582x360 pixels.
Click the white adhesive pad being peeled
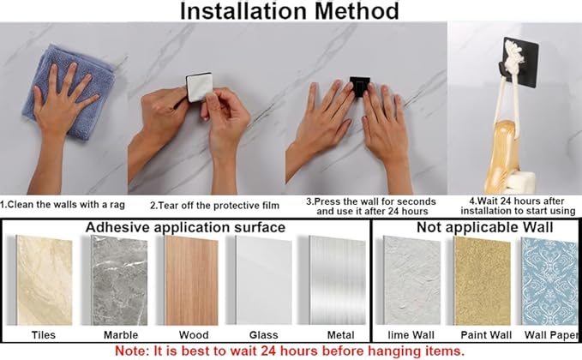(199, 87)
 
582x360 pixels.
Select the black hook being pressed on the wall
(360, 87)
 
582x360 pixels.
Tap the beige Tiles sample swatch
(45, 280)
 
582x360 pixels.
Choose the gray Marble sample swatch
(119, 280)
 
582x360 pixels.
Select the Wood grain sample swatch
(191, 280)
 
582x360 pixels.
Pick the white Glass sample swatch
(263, 280)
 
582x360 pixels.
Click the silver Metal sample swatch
(338, 280)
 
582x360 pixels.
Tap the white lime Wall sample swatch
(411, 280)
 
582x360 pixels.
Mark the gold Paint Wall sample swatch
(483, 281)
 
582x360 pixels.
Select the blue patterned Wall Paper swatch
(549, 281)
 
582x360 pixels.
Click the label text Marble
(121, 335)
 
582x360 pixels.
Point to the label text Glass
(263, 335)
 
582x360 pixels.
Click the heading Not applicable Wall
(485, 227)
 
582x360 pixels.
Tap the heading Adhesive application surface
(185, 227)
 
